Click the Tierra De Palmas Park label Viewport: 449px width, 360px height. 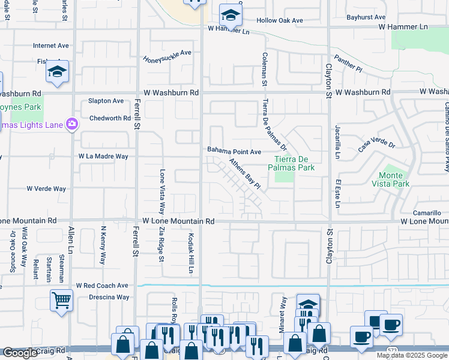click(x=294, y=163)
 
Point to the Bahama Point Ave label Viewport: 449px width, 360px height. click(x=234, y=152)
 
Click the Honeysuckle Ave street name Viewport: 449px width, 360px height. click(x=167, y=56)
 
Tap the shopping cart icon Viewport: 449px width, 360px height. click(x=62, y=300)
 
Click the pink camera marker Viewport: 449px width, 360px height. click(x=72, y=124)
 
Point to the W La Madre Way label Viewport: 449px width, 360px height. click(x=103, y=156)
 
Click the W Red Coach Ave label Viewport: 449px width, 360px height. click(x=102, y=286)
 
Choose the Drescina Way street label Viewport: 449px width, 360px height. click(x=109, y=297)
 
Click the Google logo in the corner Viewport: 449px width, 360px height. click(x=20, y=353)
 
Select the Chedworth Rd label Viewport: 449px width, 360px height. click(x=110, y=118)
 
